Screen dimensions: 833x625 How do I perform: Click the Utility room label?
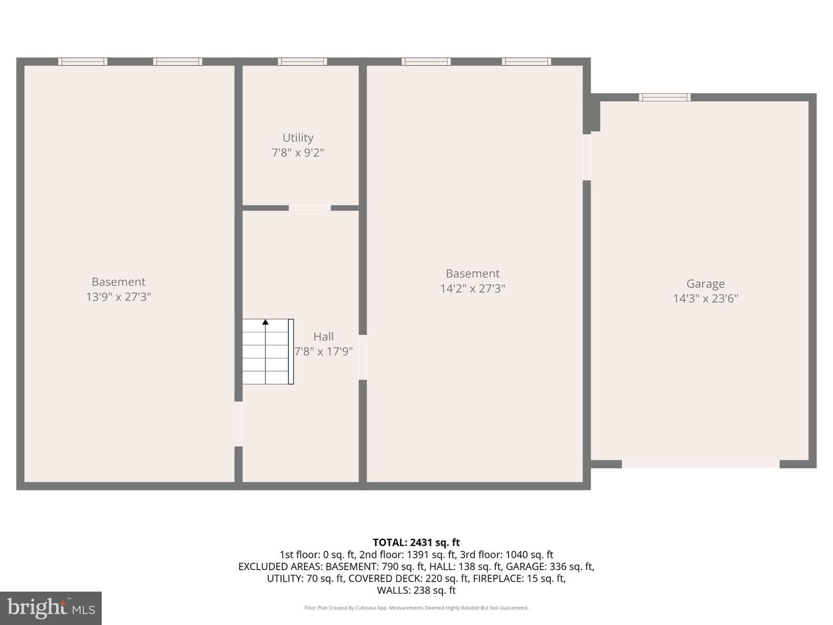pyautogui.click(x=298, y=138)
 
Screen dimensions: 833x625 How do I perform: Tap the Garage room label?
pyautogui.click(x=706, y=284)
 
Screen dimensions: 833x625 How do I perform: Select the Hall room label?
pyautogui.click(x=324, y=337)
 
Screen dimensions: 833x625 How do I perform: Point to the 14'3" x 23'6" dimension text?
pyautogui.click(x=706, y=299)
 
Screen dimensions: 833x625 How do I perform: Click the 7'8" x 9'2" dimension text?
pyautogui.click(x=298, y=153)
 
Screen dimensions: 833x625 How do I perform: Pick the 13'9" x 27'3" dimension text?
pyautogui.click(x=119, y=297)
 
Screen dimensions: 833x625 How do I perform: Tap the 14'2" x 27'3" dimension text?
pyautogui.click(x=473, y=288)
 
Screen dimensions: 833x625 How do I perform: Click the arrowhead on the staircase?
pyautogui.click(x=266, y=322)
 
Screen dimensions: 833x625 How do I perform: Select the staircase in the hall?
pyautogui.click(x=268, y=352)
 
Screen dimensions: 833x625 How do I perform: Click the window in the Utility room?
pyautogui.click(x=302, y=61)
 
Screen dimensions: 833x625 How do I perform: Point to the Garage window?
pyautogui.click(x=665, y=97)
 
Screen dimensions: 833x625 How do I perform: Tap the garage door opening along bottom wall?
pyautogui.click(x=701, y=464)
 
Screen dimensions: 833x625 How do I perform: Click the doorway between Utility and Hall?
pyautogui.click(x=309, y=208)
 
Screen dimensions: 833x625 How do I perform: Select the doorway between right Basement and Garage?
pyautogui.click(x=587, y=157)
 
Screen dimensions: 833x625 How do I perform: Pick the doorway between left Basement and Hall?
pyautogui.click(x=238, y=424)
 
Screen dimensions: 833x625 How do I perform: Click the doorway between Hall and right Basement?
pyautogui.click(x=363, y=357)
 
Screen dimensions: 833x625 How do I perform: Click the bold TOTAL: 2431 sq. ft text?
pyautogui.click(x=416, y=542)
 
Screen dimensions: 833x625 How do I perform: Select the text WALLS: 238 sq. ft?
pyautogui.click(x=416, y=590)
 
